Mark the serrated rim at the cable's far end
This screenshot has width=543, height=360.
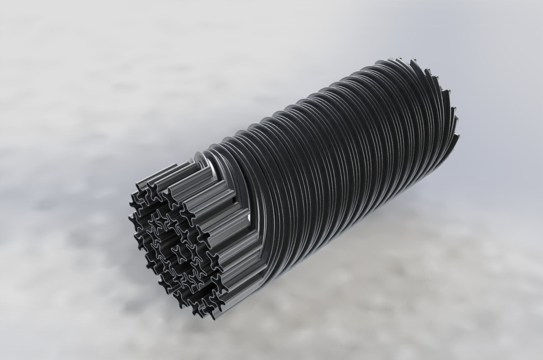point(438,96)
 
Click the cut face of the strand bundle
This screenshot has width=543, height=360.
point(173,243)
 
